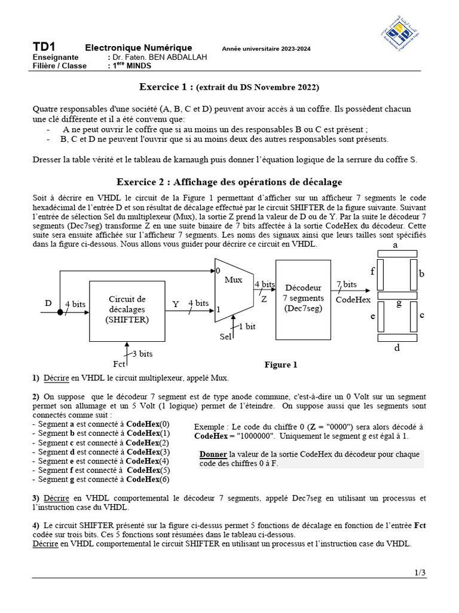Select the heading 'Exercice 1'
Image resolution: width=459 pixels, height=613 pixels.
coord(166,87)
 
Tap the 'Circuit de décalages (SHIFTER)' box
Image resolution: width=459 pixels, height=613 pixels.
coord(127,309)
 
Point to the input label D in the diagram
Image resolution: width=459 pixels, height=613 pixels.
coord(48,304)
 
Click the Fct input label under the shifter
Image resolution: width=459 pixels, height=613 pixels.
coord(119,364)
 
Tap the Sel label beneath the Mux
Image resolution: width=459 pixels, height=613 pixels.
coord(225,337)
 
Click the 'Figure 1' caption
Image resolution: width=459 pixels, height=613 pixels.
coord(281,365)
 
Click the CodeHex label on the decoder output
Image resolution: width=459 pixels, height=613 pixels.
coord(353,299)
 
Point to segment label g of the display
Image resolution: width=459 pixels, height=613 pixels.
coord(399,303)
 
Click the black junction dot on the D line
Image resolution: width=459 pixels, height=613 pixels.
coord(60,312)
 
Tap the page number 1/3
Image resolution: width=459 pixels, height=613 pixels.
coord(420,573)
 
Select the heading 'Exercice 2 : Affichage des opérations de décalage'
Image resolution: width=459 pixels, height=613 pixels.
coord(229,181)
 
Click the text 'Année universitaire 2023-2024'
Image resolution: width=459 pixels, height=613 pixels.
coord(266,49)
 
